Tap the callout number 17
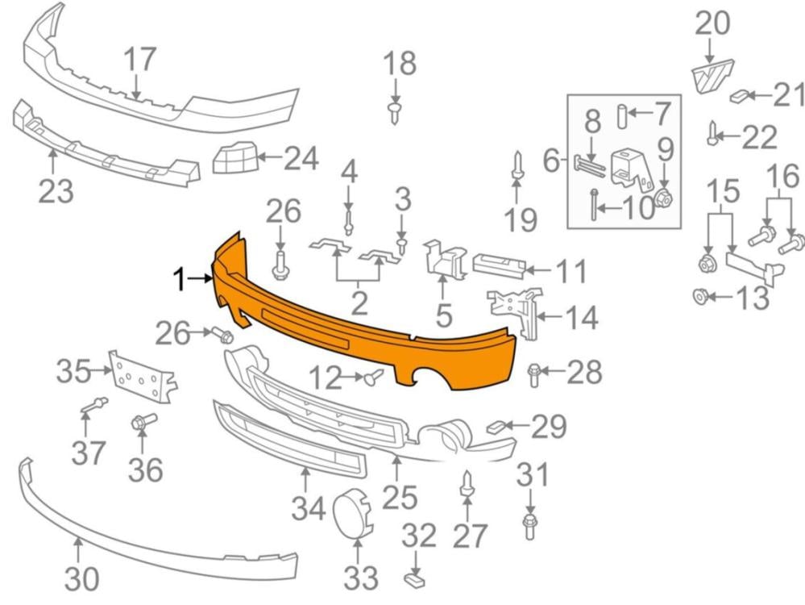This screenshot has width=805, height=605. click(x=139, y=60)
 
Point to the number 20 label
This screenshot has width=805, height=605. click(x=712, y=23)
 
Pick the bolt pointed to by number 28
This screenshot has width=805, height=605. click(x=533, y=374)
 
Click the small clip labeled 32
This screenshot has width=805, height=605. click(x=416, y=581)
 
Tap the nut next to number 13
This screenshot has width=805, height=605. click(x=698, y=297)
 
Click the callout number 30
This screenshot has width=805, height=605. click(x=81, y=579)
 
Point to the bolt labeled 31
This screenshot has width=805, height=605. click(x=530, y=525)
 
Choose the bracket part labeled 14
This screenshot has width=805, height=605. click(x=514, y=312)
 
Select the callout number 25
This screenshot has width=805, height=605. click(x=400, y=497)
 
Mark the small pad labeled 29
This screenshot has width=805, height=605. click(x=496, y=426)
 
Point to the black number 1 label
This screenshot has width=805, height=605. click(x=179, y=281)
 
